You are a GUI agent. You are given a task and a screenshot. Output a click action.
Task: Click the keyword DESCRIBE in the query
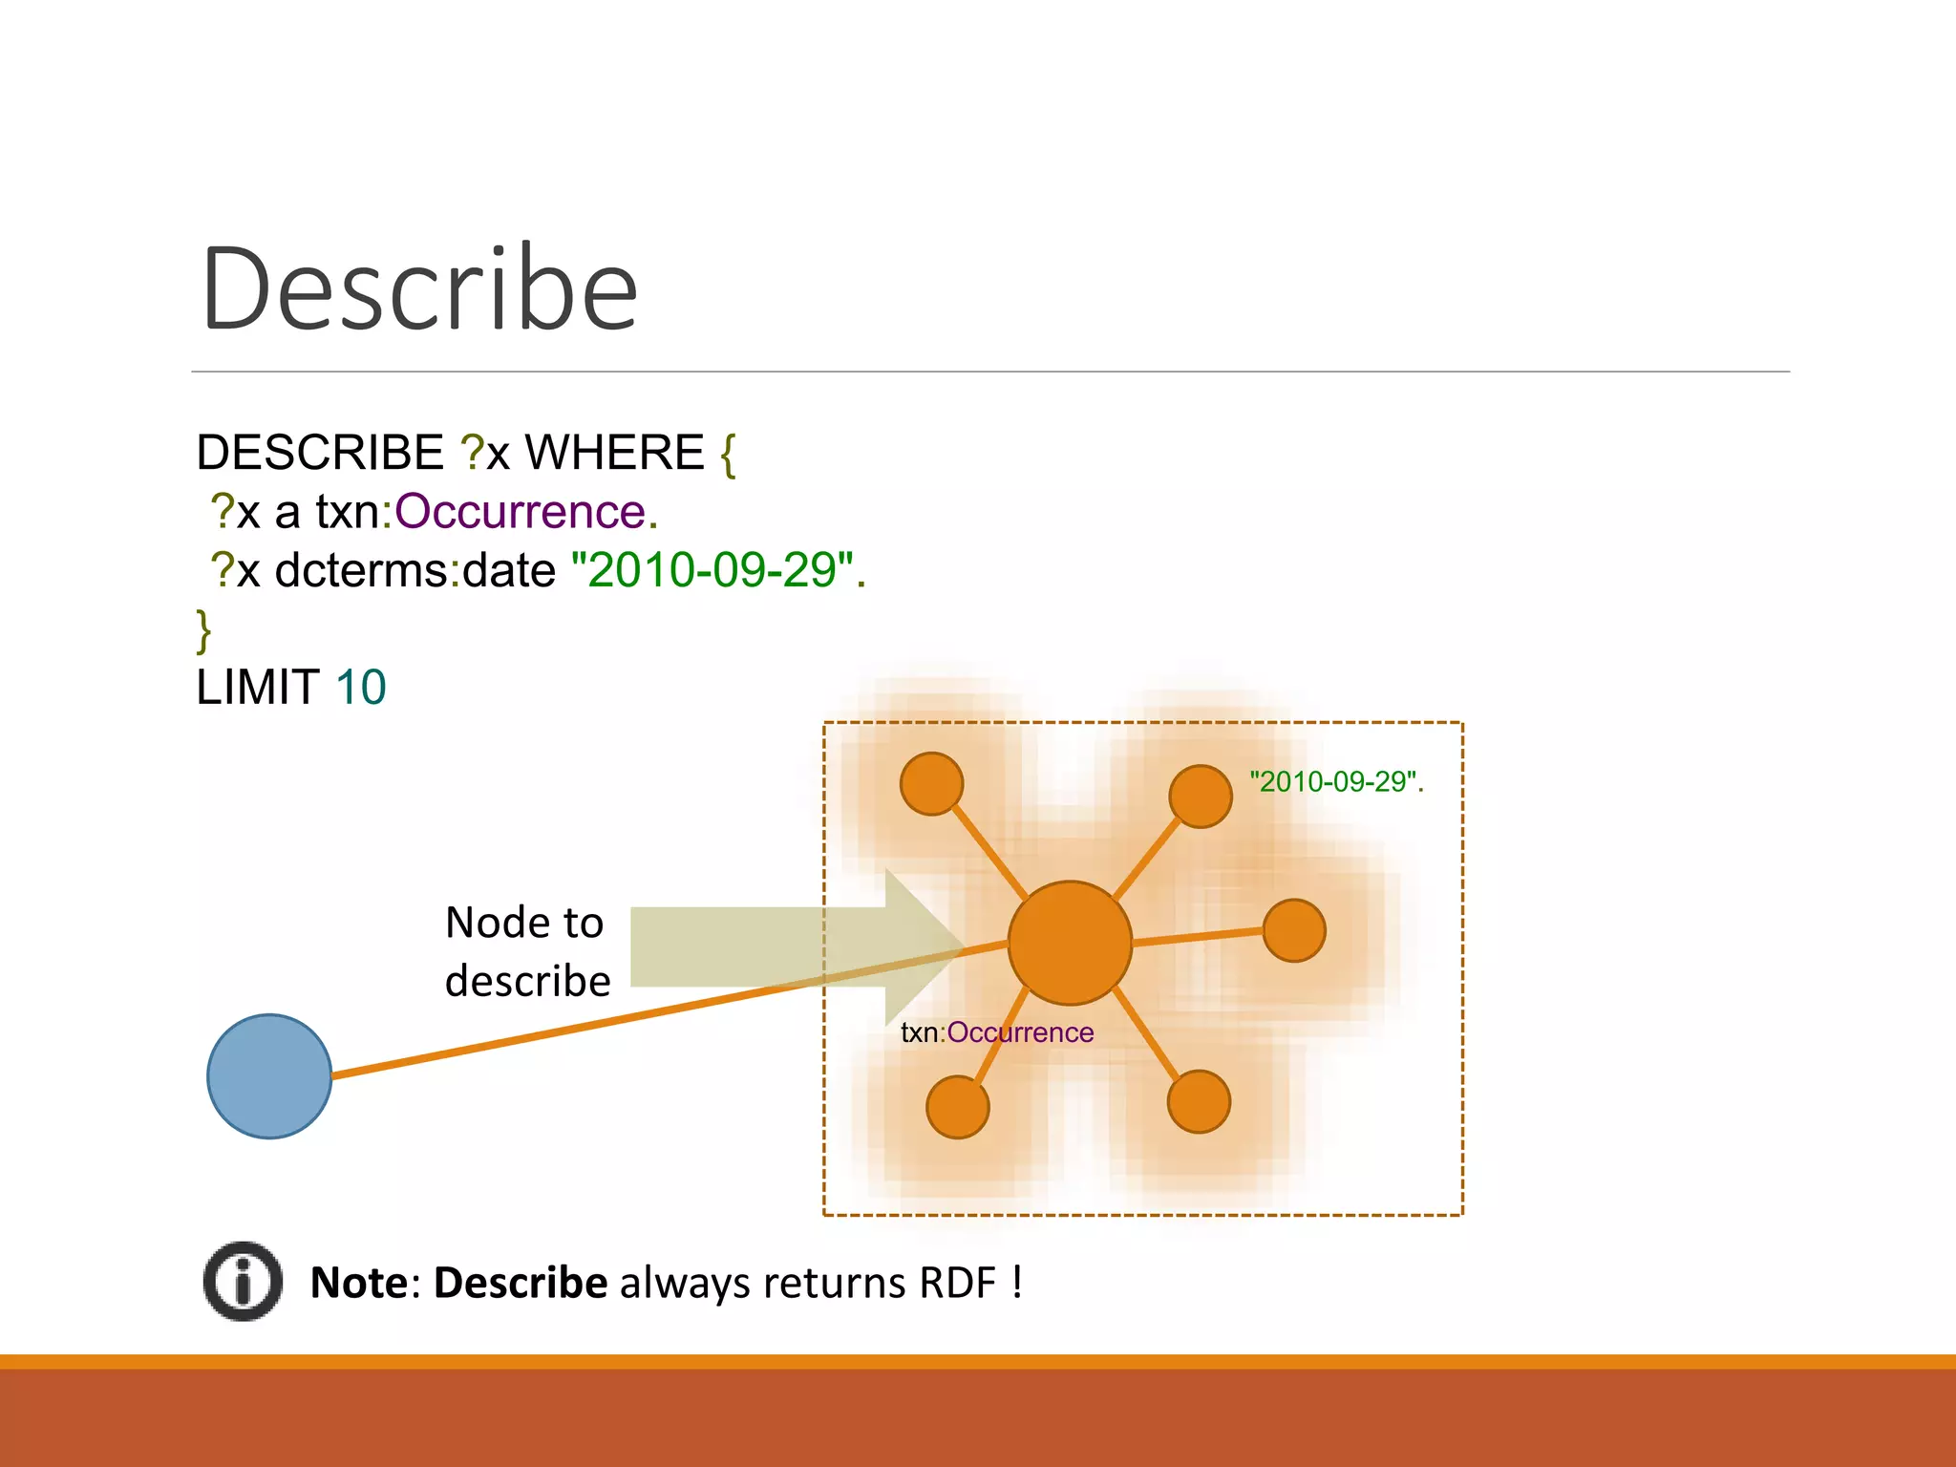(x=319, y=452)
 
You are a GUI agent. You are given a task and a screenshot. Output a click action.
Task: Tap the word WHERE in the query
(x=614, y=452)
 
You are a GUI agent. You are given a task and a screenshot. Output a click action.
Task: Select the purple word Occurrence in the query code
(x=521, y=512)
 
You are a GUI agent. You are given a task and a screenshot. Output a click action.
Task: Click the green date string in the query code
(x=712, y=570)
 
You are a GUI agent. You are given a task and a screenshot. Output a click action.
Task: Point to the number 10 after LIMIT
(x=361, y=688)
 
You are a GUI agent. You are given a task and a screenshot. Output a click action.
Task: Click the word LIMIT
(x=257, y=688)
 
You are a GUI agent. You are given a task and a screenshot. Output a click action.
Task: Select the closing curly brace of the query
(x=203, y=629)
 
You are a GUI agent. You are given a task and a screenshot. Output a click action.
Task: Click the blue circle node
(x=269, y=1076)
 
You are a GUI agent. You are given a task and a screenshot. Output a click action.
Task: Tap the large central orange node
(x=1070, y=943)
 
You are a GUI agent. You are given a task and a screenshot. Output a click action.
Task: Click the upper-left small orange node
(x=931, y=784)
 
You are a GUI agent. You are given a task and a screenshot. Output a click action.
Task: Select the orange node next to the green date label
(x=1200, y=796)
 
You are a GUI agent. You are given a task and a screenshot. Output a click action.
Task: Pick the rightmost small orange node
(x=1293, y=930)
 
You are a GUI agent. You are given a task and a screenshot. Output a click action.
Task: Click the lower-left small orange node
(x=957, y=1107)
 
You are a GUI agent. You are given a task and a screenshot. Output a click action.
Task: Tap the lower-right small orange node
(x=1199, y=1101)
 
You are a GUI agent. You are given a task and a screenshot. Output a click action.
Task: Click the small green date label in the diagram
(x=1335, y=782)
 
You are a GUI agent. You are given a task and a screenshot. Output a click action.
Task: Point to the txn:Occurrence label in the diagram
(x=996, y=1032)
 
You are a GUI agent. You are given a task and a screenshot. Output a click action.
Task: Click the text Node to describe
(x=526, y=952)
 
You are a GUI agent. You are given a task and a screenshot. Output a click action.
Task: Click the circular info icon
(x=243, y=1282)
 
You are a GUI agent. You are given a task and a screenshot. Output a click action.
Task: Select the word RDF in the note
(x=957, y=1283)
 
